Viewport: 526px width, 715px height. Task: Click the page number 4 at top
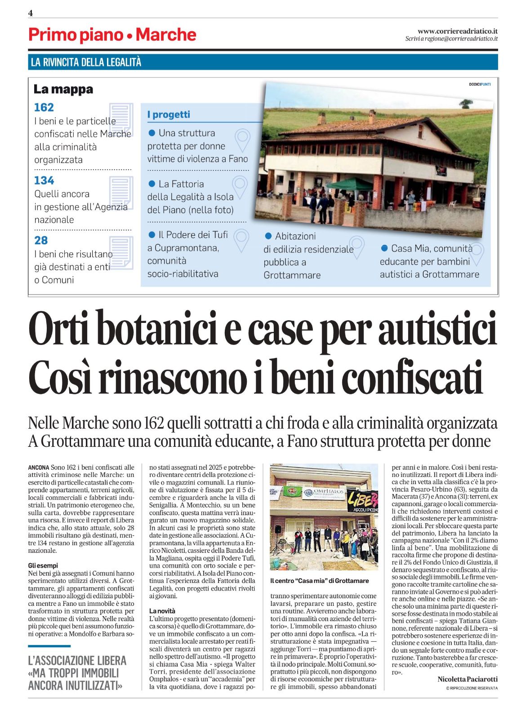pyautogui.click(x=31, y=13)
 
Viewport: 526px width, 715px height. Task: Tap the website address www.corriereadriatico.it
pyautogui.click(x=457, y=31)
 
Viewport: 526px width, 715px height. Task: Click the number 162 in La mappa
pyautogui.click(x=44, y=107)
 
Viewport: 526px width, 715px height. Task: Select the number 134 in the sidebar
pyautogui.click(x=44, y=181)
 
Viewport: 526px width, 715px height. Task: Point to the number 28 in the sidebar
pyautogui.click(x=41, y=240)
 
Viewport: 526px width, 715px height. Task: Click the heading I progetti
pyautogui.click(x=169, y=115)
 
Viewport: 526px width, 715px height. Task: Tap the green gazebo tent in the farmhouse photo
pyautogui.click(x=350, y=184)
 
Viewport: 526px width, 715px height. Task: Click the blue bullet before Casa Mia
pyautogui.click(x=384, y=248)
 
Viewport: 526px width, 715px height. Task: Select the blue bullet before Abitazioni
pyautogui.click(x=268, y=236)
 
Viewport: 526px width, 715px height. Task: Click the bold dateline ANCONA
pyautogui.click(x=38, y=468)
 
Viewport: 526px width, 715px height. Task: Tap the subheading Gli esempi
pyautogui.click(x=43, y=565)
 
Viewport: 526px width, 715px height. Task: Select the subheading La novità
pyautogui.click(x=162, y=611)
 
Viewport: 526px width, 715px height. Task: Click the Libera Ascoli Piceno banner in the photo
pyautogui.click(x=362, y=501)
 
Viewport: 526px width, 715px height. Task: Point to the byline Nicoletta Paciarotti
pyautogui.click(x=467, y=680)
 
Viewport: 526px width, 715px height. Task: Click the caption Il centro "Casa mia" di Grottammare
pyautogui.click(x=319, y=581)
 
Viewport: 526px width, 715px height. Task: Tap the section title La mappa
pyautogui.click(x=63, y=89)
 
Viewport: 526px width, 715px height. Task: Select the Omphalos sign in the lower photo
pyautogui.click(x=323, y=493)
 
